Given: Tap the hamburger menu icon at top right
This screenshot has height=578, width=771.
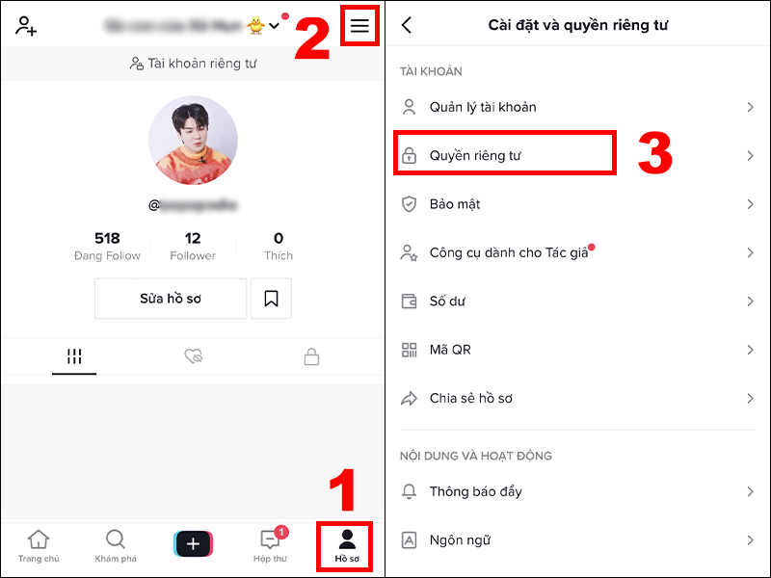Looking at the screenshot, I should [x=359, y=26].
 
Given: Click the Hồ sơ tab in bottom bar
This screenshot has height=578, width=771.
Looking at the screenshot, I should [x=347, y=545].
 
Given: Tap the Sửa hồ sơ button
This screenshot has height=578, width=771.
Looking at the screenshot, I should [x=171, y=299].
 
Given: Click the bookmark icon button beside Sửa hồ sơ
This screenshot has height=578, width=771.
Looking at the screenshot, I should [x=271, y=299].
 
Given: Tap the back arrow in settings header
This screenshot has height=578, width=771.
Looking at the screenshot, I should [x=407, y=26].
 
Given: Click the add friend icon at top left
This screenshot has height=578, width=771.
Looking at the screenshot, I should [x=26, y=26].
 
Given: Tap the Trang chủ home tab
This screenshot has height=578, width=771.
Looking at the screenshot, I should [x=38, y=545].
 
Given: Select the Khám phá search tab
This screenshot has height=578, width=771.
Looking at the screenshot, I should [x=115, y=545].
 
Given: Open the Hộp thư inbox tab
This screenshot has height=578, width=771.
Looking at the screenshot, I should [x=270, y=545].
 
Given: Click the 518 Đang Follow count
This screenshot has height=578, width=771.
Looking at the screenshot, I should [x=107, y=246].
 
